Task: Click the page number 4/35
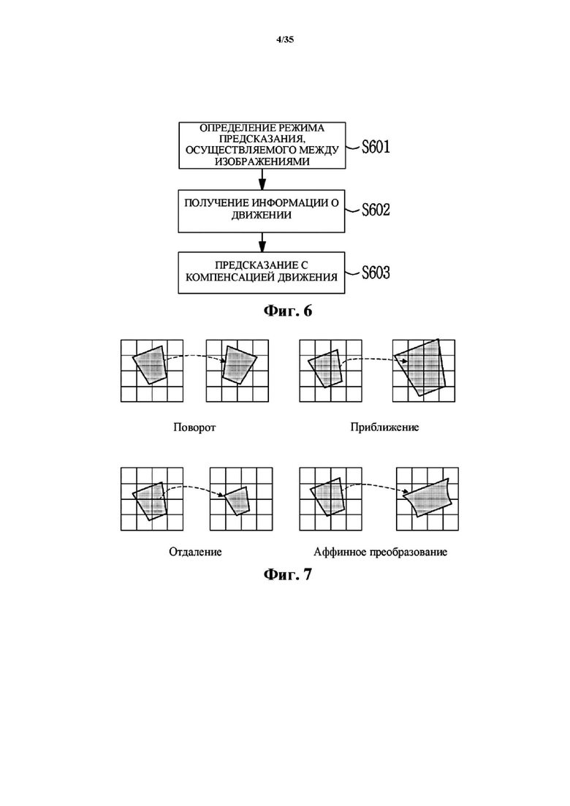285,39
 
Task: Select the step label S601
376,147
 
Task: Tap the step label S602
376,210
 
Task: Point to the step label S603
376,273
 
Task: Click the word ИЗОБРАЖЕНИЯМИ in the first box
262,161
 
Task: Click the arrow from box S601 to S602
262,180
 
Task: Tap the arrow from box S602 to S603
262,242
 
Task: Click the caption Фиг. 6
288,311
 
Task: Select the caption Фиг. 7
288,574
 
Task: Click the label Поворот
194,427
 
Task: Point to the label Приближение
384,427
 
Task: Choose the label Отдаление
195,552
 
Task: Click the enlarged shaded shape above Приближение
420,368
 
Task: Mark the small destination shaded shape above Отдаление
238,500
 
